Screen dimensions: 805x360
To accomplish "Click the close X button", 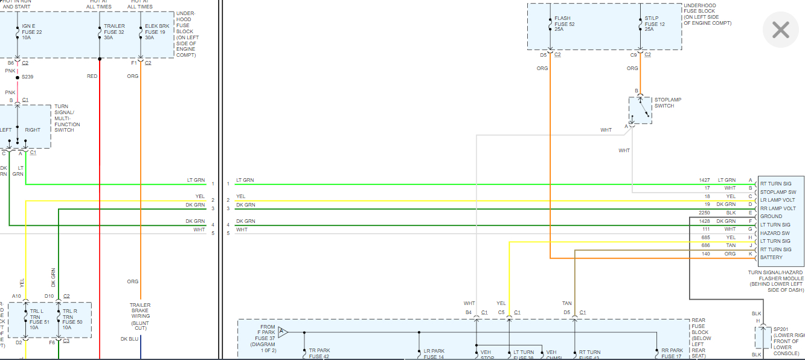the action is (x=780, y=30).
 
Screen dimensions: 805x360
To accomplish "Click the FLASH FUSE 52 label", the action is (x=564, y=24).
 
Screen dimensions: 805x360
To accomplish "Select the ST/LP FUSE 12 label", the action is (x=653, y=24).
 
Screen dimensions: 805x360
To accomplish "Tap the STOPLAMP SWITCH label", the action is (x=668, y=103).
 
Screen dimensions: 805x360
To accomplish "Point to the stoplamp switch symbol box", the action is (x=640, y=111).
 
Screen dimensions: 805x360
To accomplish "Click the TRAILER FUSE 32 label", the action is (x=114, y=31).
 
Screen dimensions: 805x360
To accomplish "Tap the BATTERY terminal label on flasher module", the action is (x=771, y=257).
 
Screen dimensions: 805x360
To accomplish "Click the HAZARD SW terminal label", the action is (x=775, y=233).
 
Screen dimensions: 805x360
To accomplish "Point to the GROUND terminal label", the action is (x=771, y=216).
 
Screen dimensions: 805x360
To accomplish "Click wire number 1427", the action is (x=704, y=180).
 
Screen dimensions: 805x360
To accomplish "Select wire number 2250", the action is (x=704, y=213).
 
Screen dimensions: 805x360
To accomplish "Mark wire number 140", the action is (x=705, y=254).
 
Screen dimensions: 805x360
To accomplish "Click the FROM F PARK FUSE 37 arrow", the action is (x=283, y=332).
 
